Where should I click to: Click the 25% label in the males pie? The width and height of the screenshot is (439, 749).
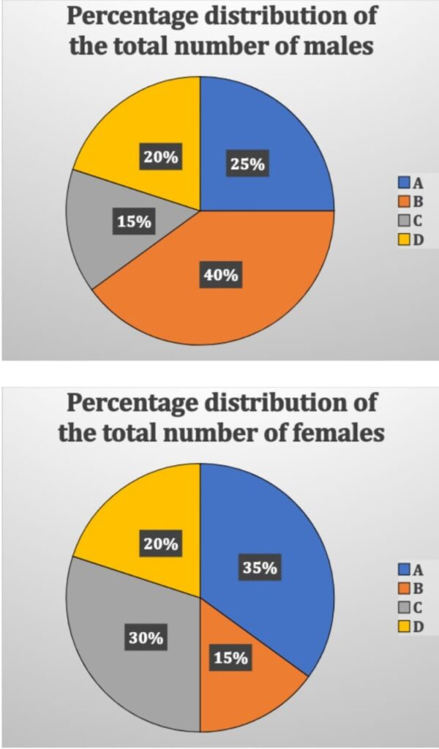pyautogui.click(x=247, y=164)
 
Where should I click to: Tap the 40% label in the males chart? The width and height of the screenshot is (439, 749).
pyautogui.click(x=220, y=275)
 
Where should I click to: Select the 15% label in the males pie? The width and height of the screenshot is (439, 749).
pyautogui.click(x=134, y=222)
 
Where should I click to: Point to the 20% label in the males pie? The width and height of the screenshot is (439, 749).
pyautogui.click(x=160, y=157)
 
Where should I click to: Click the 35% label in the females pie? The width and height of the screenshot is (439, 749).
pyautogui.click(x=260, y=567)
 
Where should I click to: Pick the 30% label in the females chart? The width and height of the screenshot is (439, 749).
pyautogui.click(x=145, y=638)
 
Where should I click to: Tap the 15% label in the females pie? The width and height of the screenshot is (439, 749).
pyautogui.click(x=230, y=658)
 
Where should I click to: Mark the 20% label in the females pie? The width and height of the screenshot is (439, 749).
pyautogui.click(x=160, y=543)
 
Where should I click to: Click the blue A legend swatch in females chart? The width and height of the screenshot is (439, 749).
pyautogui.click(x=403, y=568)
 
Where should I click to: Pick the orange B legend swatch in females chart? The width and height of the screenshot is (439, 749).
pyautogui.click(x=403, y=585)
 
